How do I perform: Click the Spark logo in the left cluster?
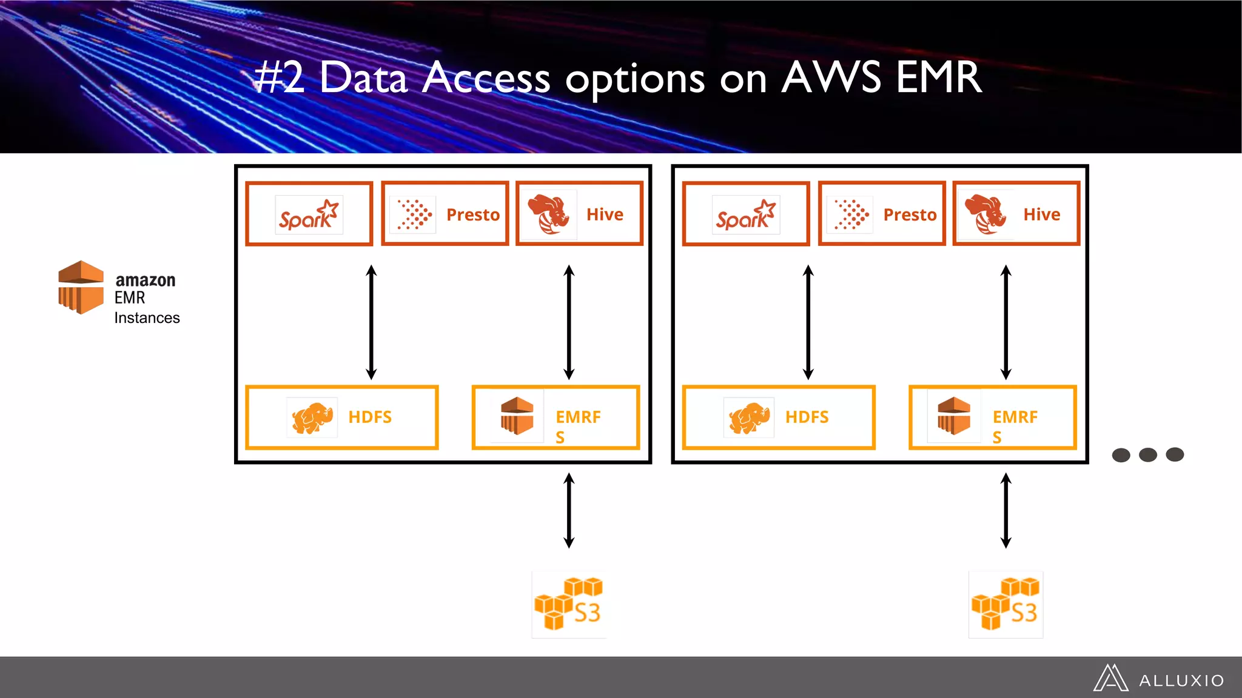pyautogui.click(x=309, y=214)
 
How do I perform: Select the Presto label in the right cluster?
pyautogui.click(x=910, y=214)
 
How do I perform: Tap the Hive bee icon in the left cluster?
pyautogui.click(x=549, y=214)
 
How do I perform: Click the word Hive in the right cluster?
pyautogui.click(x=1041, y=214)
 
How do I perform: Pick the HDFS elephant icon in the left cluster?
pyautogui.click(x=312, y=417)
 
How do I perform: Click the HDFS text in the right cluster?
pyautogui.click(x=807, y=417)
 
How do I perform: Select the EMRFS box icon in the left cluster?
pyautogui.click(x=517, y=416)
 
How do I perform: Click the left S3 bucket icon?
pyautogui.click(x=569, y=604)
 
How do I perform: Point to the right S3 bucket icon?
pyautogui.click(x=1005, y=604)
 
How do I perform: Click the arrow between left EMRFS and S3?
pyautogui.click(x=569, y=510)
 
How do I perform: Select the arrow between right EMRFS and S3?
pyautogui.click(x=1005, y=510)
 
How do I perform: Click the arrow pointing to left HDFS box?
pyautogui.click(x=372, y=322)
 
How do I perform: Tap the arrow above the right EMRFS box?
pyautogui.click(x=1005, y=322)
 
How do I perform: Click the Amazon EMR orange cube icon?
pyautogui.click(x=81, y=287)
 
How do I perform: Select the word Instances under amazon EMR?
pyautogui.click(x=147, y=318)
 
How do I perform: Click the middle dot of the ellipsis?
pyautogui.click(x=1147, y=454)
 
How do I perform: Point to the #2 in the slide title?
pyautogui.click(x=279, y=79)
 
